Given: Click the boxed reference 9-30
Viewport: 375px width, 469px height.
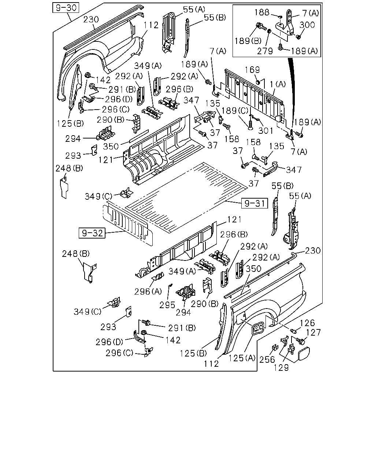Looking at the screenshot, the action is coord(66,8).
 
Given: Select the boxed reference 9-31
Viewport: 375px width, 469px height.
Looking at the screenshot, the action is coord(254,203).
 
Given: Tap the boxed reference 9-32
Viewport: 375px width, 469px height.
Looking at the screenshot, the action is coord(92,233).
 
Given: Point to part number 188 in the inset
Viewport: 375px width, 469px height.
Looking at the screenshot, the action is coord(262,12).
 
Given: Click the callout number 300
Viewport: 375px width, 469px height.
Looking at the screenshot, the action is coord(307,25).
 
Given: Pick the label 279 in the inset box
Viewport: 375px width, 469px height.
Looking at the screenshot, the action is coord(265,51).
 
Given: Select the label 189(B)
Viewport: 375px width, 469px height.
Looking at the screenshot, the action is coord(248,41).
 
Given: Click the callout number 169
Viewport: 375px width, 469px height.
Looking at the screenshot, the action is coord(252,70).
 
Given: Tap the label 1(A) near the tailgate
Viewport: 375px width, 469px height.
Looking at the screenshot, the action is coord(278,84).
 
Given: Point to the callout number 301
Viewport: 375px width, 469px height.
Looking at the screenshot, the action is coord(266,130).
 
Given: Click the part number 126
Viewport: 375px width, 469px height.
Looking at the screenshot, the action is coord(308,323).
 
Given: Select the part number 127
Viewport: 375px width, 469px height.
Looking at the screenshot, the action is coord(313,333).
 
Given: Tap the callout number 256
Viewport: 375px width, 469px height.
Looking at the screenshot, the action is coord(267,360).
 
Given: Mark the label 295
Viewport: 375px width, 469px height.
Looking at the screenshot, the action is coord(167,305).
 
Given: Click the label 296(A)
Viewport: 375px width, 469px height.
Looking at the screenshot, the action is coord(148,292).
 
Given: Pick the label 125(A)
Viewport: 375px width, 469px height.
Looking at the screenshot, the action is coord(242,358).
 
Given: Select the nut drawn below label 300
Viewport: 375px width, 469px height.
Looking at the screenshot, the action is coord(298,37).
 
